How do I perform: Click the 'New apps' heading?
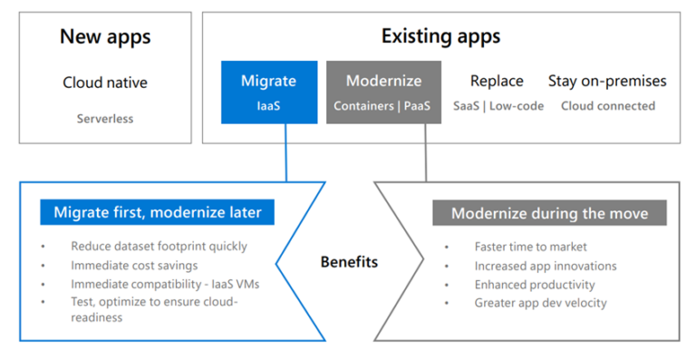105,37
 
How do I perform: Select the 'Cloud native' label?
105,83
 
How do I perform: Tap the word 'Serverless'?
105,119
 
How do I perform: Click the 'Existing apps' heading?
440,37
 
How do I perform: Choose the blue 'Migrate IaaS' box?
268,92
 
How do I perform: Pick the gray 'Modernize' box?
383,92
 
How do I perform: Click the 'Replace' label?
497,81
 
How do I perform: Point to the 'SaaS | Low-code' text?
498,106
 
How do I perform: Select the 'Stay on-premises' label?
607,81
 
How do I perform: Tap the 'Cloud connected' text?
607,106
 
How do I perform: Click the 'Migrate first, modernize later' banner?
157,213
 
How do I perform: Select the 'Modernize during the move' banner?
549,213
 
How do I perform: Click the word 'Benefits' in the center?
349,262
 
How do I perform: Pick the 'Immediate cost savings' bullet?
132,264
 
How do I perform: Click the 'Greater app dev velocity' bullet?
540,303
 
